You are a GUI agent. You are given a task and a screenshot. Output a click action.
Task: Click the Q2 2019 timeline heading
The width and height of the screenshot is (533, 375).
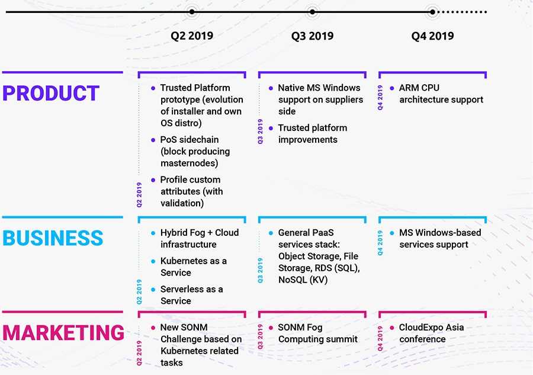tap(192, 36)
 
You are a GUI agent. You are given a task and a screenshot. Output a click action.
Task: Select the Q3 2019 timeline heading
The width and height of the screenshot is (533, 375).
tap(312, 36)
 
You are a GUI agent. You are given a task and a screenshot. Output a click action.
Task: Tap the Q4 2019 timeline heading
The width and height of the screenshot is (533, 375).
tap(432, 36)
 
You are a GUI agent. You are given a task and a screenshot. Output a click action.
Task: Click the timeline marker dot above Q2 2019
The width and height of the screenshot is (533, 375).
tap(191, 11)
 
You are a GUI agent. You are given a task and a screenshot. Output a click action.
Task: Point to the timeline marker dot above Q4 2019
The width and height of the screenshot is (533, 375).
tap(432, 11)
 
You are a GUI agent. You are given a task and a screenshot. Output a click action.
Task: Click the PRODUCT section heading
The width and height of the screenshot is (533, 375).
tap(51, 94)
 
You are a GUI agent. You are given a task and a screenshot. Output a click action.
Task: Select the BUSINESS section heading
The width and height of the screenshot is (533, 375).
tap(53, 238)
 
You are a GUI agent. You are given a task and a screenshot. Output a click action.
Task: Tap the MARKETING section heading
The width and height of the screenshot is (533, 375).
tap(63, 333)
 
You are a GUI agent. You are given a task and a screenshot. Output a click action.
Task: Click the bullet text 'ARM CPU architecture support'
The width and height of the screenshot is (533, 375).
tap(441, 94)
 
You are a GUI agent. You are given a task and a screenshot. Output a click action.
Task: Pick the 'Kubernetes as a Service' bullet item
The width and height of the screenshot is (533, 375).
tap(193, 267)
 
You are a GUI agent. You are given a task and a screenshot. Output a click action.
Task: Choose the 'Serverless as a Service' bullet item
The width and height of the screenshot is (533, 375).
tap(191, 295)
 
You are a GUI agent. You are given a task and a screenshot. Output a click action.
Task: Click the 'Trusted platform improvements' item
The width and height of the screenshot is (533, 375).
tap(312, 134)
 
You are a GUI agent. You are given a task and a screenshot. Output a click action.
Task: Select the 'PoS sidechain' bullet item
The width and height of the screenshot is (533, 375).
tap(195, 151)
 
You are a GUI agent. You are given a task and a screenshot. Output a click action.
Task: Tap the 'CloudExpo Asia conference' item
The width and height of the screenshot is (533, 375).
tap(431, 333)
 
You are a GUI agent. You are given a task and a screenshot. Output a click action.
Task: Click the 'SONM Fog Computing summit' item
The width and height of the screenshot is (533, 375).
tap(317, 333)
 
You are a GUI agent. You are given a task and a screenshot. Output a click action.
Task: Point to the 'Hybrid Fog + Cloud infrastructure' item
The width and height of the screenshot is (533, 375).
tap(199, 238)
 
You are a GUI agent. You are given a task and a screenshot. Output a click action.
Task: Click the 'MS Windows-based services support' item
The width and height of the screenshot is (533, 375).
tap(439, 238)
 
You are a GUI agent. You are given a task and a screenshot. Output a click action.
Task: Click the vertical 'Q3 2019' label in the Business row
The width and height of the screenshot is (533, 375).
tap(261, 270)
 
